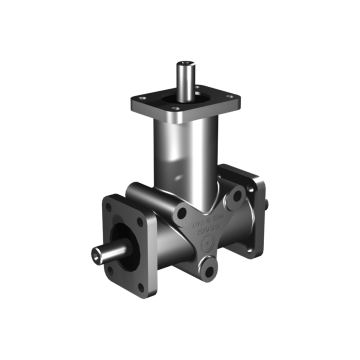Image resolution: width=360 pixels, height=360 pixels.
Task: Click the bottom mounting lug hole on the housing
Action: [208, 271]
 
